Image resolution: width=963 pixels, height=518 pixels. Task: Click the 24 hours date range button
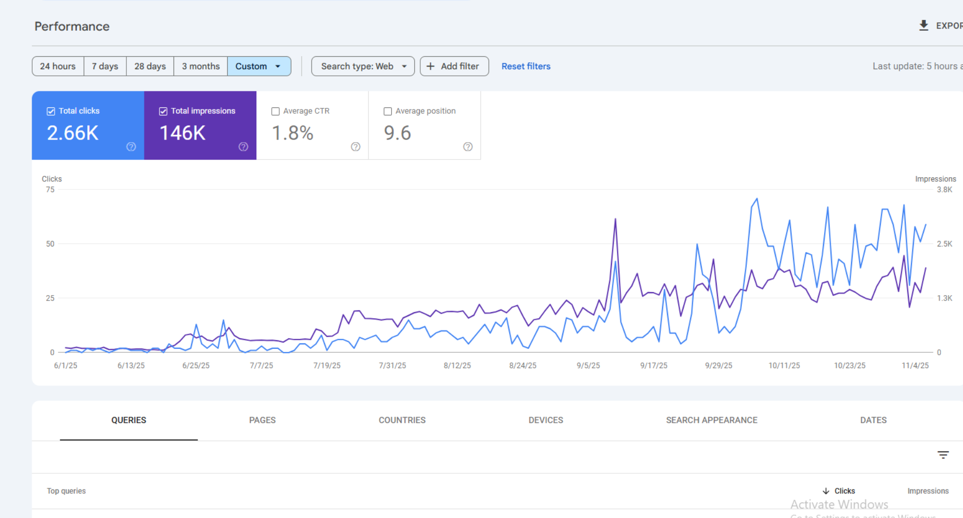point(58,66)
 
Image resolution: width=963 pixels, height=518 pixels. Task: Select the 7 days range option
point(105,66)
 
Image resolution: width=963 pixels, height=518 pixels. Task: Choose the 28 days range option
point(150,66)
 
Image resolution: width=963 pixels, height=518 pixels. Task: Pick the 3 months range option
point(201,66)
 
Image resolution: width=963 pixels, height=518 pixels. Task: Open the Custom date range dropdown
point(259,66)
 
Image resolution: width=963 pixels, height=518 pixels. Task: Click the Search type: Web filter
point(363,66)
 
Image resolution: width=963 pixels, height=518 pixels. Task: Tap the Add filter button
point(454,66)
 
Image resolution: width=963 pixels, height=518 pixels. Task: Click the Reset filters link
point(526,66)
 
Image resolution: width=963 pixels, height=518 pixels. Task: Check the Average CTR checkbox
point(275,111)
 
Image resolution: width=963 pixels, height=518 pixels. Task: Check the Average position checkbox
point(388,111)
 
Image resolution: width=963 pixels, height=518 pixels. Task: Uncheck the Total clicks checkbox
point(51,111)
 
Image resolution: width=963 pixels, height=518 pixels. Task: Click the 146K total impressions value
point(183,133)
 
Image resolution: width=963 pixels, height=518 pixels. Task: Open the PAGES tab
point(262,420)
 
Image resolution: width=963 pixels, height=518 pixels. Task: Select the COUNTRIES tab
point(402,420)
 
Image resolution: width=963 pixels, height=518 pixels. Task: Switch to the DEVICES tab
point(546,420)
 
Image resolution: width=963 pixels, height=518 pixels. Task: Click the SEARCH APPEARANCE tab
point(711,420)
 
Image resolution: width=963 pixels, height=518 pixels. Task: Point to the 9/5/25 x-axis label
point(588,365)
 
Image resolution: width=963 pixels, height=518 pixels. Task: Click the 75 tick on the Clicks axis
point(50,190)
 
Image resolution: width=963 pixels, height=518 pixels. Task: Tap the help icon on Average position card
point(467,147)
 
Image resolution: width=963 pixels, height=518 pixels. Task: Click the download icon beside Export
point(923,26)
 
